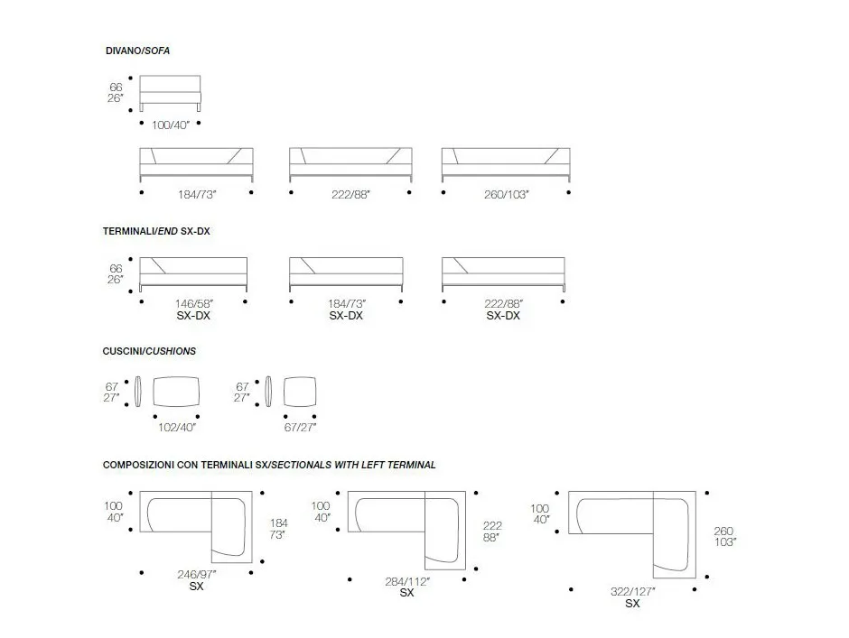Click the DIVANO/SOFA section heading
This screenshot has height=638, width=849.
tap(137, 51)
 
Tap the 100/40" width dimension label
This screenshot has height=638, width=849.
tap(171, 125)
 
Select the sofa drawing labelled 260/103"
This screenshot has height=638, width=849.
tap(506, 164)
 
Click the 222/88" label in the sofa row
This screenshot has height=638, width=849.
tap(350, 194)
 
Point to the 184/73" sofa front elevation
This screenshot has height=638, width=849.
tap(197, 164)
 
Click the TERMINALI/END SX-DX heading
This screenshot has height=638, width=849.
tap(156, 231)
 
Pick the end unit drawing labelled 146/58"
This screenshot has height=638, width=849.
tap(193, 274)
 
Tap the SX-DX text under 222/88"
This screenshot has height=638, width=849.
tap(503, 316)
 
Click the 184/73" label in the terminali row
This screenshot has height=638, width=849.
tap(347, 304)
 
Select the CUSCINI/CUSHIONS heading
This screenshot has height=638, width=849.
tap(149, 351)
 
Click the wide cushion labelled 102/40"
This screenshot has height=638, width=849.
tap(176, 392)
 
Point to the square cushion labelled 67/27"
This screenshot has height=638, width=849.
tap(300, 392)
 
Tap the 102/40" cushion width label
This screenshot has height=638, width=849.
tap(177, 428)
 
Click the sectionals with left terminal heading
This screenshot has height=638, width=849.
tap(269, 465)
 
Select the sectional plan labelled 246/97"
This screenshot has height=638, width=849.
tap(196, 526)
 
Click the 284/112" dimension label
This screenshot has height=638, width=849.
tap(407, 582)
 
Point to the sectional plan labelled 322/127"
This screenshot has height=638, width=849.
tap(632, 534)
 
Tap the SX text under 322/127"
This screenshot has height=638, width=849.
tap(632, 604)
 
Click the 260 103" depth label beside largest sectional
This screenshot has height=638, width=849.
tap(724, 536)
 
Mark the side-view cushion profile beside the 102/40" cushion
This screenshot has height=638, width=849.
tap(138, 392)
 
